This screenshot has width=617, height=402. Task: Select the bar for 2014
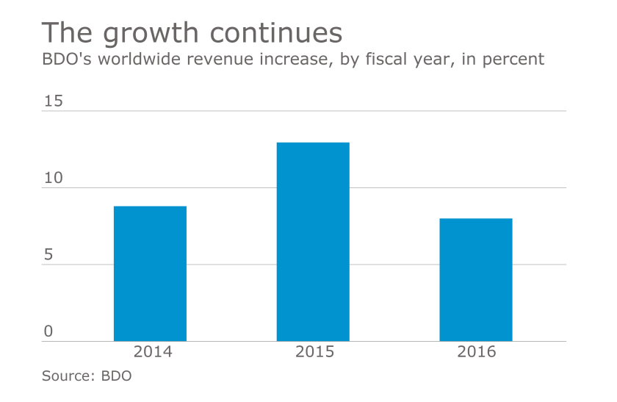click(x=150, y=273)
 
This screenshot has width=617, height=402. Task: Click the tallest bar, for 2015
click(x=313, y=242)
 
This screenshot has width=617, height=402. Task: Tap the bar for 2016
click(x=476, y=279)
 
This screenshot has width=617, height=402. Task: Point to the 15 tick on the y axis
click(x=53, y=101)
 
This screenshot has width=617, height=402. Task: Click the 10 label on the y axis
click(x=53, y=179)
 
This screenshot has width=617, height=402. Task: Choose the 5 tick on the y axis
click(x=48, y=255)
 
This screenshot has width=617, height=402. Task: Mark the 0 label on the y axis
click(x=48, y=331)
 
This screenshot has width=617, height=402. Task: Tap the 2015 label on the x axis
click(x=314, y=352)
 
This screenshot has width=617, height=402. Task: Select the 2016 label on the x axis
click(x=476, y=352)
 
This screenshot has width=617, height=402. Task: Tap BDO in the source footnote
click(x=118, y=376)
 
